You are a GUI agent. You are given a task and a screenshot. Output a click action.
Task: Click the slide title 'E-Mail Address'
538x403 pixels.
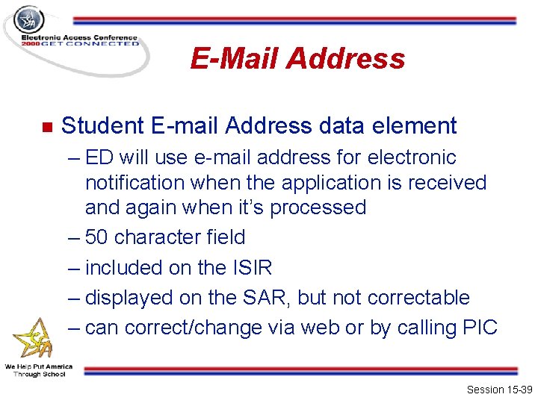(x=297, y=58)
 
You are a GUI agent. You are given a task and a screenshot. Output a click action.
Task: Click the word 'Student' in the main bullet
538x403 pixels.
(x=106, y=125)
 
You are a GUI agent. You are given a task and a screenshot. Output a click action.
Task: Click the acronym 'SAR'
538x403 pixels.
(x=266, y=298)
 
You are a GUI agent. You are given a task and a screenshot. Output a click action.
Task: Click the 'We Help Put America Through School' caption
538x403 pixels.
(x=39, y=370)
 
